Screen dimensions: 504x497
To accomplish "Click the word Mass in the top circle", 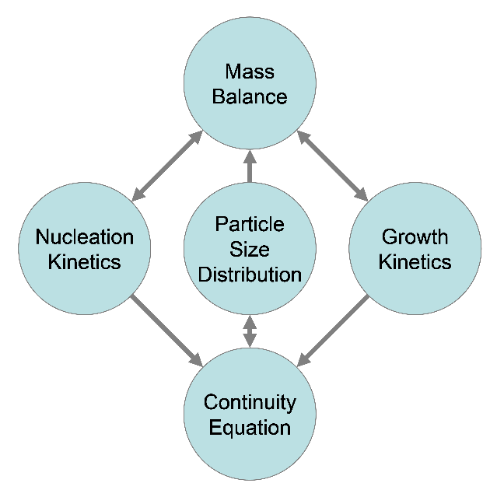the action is tap(250, 72).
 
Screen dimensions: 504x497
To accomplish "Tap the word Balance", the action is tap(250, 96).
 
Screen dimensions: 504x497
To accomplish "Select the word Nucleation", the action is tap(85, 237).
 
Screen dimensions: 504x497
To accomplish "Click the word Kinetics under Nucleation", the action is tap(85, 261).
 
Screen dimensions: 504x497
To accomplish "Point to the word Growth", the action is tap(415, 237).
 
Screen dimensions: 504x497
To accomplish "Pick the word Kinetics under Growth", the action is tap(415, 261).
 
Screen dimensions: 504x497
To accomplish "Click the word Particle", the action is tap(250, 224).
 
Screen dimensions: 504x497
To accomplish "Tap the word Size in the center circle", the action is tap(250, 249).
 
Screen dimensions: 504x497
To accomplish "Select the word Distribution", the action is tap(250, 275).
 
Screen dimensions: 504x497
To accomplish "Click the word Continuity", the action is tap(250, 402).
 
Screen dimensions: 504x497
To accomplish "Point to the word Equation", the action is tap(250, 428).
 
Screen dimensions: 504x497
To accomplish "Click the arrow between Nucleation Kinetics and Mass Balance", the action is tap(167, 166).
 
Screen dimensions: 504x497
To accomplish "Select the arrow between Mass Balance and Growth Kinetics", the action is tap(332, 166).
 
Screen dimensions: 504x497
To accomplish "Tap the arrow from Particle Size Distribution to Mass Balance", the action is tap(250, 166).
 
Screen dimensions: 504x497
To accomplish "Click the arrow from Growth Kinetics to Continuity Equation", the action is tap(334, 331).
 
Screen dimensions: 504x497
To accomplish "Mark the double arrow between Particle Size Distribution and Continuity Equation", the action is tap(250, 331).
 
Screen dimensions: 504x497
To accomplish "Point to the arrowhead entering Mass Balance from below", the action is tap(250, 156).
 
